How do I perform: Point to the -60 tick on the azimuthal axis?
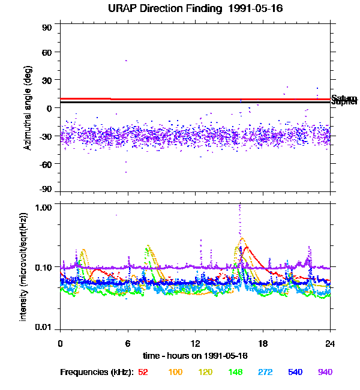point(47,164)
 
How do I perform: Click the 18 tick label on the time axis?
point(263,344)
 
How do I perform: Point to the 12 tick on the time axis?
point(195,344)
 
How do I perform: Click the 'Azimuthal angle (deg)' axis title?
point(28,109)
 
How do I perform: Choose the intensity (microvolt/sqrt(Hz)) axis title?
point(24,266)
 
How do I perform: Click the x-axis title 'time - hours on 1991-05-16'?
point(195,356)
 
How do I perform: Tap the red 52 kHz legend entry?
point(143,373)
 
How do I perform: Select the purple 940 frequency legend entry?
point(325,373)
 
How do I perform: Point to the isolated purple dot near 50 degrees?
point(126,60)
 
